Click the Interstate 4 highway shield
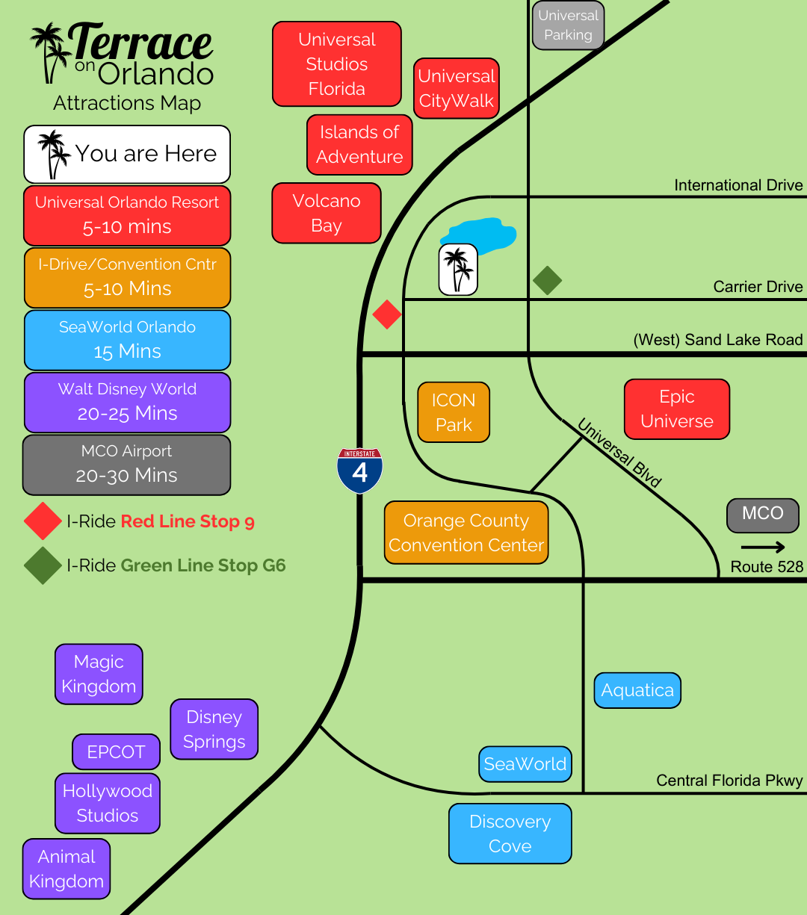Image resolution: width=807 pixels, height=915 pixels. point(360,471)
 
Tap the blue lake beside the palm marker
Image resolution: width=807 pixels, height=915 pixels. point(482,235)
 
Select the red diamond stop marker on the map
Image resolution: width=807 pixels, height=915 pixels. point(387,314)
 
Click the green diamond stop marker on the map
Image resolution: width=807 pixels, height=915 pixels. point(547,281)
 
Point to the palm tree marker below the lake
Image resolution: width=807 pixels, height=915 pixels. point(458,270)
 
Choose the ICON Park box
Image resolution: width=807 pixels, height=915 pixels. point(454,412)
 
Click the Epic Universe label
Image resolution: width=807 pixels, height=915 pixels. point(676,409)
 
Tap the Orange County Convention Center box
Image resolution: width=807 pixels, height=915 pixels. point(466,533)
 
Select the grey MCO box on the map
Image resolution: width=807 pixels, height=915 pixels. point(762,515)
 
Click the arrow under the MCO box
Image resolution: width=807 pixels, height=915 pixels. point(763,547)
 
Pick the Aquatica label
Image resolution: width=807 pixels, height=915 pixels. point(637,691)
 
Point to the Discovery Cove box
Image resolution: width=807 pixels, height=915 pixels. point(510,834)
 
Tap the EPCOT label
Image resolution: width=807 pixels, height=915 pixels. point(116,751)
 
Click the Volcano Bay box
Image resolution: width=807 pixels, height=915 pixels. point(327,214)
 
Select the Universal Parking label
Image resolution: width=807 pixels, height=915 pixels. point(568,25)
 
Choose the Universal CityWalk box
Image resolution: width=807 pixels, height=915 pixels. point(457,88)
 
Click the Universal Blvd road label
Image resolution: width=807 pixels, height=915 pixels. point(619,453)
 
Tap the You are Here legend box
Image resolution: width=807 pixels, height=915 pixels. point(127,154)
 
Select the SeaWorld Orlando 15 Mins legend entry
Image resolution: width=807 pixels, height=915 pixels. point(127,340)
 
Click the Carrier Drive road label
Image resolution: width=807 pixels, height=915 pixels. point(758,287)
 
